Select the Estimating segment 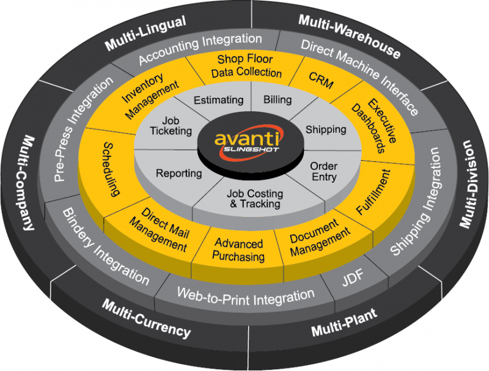click(x=218, y=100)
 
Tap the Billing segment click(x=278, y=100)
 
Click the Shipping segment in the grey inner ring click(x=325, y=130)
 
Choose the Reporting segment click(x=178, y=173)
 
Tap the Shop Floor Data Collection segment click(x=246, y=67)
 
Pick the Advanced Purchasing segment click(x=239, y=250)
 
